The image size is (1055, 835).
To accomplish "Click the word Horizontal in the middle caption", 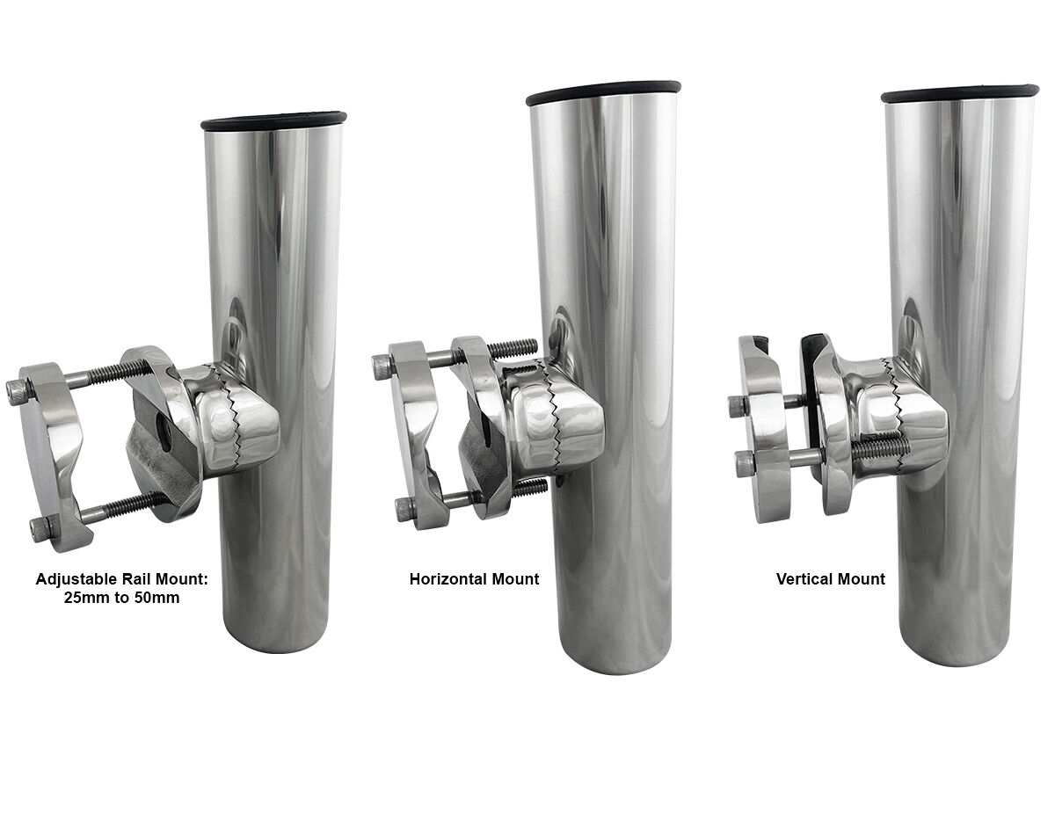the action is coord(449,579).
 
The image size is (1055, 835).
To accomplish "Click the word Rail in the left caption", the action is coord(140,579).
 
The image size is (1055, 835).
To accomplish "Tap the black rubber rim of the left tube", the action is coord(273,120).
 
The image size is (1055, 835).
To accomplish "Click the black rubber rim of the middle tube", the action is coord(603,93).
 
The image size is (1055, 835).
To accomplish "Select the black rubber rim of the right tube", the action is coord(959,94).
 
